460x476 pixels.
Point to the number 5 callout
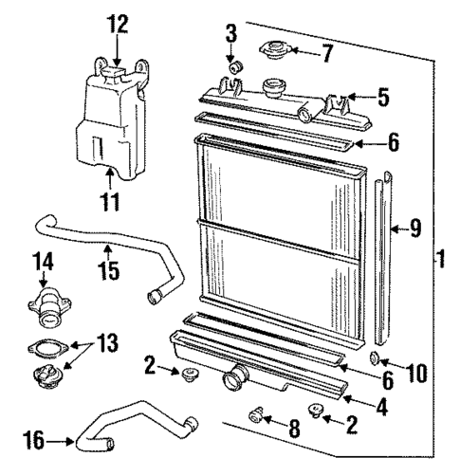tap(382, 96)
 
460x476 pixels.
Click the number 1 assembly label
tap(441, 257)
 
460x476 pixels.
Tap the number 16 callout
tap(33, 439)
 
